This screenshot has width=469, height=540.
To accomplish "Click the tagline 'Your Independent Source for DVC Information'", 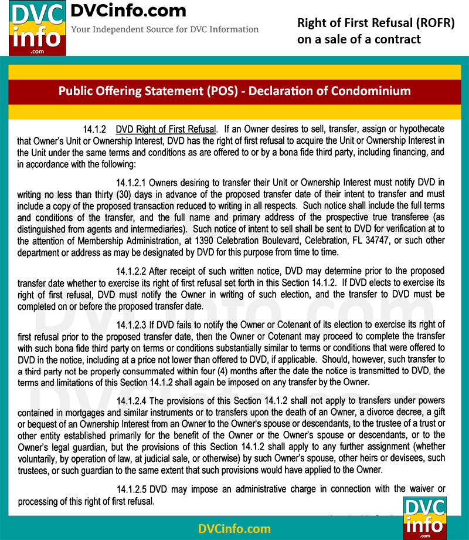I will (165, 29).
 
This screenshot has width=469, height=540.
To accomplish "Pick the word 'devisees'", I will (407, 458).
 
